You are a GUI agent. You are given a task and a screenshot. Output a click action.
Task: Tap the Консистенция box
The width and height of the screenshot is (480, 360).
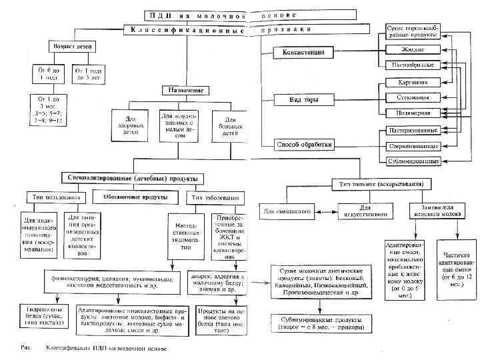click(x=303, y=51)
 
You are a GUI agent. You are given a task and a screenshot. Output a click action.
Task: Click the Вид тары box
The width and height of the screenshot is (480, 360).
click(x=304, y=100)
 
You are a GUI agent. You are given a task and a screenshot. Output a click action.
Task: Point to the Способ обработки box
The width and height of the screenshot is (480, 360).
click(x=304, y=144)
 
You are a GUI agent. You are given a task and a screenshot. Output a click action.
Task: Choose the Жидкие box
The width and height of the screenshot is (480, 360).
click(x=413, y=49)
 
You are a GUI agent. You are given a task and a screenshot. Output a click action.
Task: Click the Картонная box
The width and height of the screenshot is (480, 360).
click(x=413, y=83)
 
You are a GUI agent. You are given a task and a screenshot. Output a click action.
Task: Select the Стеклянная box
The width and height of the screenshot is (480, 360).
click(x=413, y=97)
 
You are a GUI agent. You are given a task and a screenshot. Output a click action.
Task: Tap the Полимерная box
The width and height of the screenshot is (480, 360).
click(x=413, y=113)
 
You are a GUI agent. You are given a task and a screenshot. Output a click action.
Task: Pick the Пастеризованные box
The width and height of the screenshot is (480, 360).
click(x=413, y=130)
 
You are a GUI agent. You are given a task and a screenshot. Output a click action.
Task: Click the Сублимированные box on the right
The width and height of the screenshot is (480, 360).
click(x=413, y=161)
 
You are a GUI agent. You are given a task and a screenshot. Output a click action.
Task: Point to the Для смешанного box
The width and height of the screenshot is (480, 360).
click(x=288, y=211)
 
